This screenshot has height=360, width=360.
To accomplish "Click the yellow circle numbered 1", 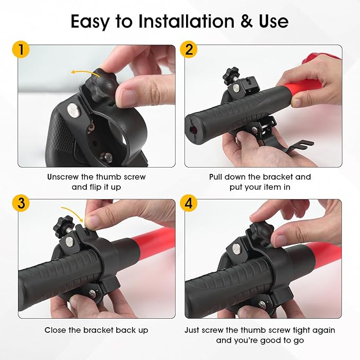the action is coord(21,50).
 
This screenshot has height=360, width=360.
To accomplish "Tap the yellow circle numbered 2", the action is coord(189,50).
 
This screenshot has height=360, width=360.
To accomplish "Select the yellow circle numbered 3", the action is coord(21,203).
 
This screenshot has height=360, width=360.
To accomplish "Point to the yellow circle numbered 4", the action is coord(189,203).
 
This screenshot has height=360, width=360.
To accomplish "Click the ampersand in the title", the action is coord(247,22).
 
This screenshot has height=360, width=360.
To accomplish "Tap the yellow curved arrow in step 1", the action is coord(85,73).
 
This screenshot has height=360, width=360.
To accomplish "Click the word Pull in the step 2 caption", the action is coord(216,177).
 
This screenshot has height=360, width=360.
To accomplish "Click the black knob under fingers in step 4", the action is coord(261,231).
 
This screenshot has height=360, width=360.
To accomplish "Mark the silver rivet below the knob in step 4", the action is coord(236,249).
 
